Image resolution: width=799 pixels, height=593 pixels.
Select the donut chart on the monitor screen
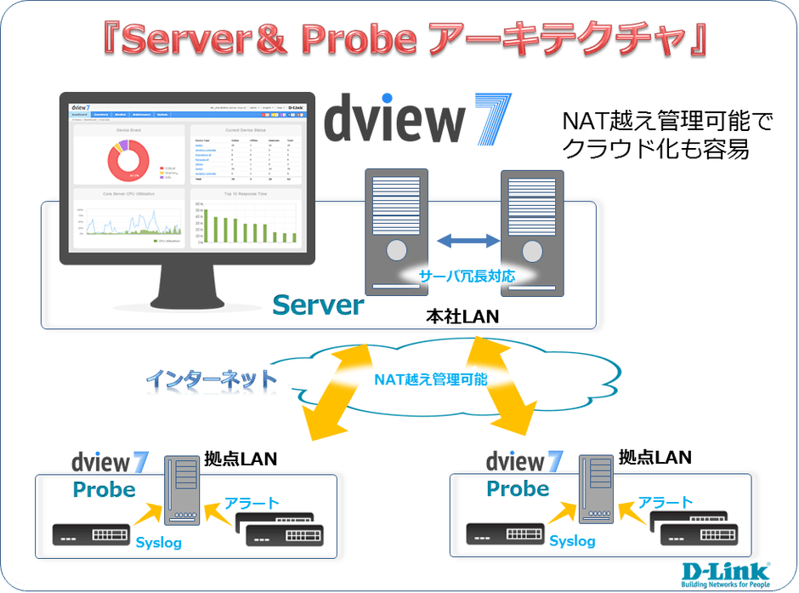pos(128,159)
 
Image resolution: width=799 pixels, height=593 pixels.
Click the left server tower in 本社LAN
pos(397,230)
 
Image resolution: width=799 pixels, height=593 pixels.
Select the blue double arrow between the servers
pos(465,242)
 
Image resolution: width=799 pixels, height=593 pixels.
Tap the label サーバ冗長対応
pos(465,276)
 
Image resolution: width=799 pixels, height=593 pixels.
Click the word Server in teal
pos(319,305)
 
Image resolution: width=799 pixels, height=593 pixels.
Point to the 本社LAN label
pos(462,316)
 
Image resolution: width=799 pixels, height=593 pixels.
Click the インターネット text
pos(211,378)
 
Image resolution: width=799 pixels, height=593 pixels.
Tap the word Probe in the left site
pos(104,489)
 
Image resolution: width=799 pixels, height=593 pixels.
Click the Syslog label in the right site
pos(572,541)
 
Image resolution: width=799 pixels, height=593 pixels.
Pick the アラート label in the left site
pos(251,503)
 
